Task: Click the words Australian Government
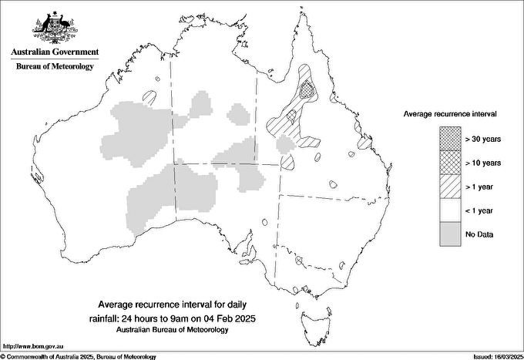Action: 55,52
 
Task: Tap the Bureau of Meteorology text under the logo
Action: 55,66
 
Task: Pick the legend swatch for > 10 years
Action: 450,163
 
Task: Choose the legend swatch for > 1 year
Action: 450,187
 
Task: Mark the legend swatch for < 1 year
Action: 450,210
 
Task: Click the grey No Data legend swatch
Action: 450,234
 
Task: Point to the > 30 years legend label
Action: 484,139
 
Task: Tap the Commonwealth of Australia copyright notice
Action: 78,357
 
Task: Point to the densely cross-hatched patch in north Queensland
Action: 309,90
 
